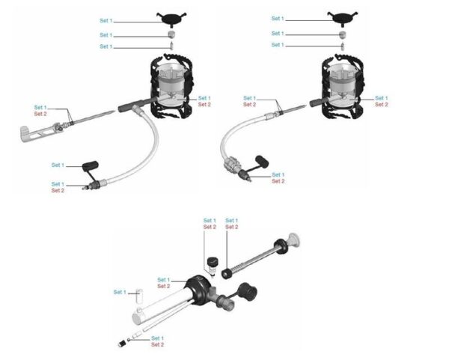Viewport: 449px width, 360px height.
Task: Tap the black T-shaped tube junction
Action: (135, 106)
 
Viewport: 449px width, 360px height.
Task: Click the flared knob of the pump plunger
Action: (294, 240)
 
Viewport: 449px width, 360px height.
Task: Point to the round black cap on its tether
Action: (248, 291)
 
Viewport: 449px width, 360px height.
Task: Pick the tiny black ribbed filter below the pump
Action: (122, 344)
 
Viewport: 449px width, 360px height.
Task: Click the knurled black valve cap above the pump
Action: (213, 262)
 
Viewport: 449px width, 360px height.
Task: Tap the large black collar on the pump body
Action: (199, 289)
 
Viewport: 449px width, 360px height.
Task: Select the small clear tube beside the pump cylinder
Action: (139, 296)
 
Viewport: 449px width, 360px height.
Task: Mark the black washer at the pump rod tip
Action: (227, 274)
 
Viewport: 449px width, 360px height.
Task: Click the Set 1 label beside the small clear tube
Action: (120, 292)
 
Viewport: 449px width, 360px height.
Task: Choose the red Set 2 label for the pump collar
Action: (163, 286)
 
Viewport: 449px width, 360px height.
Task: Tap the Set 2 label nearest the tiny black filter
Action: (157, 344)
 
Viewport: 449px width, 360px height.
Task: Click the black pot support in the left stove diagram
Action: (171, 19)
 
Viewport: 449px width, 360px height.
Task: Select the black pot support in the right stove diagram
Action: (343, 18)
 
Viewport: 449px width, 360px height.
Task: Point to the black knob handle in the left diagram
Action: (91, 166)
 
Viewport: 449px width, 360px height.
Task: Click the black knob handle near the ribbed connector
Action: (262, 161)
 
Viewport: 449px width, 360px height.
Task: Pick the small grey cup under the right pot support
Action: (342, 35)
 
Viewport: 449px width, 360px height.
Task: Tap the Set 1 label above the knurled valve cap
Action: (210, 221)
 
